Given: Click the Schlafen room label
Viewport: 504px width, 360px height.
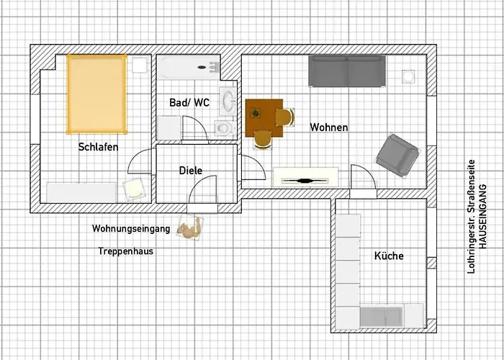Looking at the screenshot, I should [x=98, y=147].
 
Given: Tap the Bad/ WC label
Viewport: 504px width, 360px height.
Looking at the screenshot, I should [x=189, y=103].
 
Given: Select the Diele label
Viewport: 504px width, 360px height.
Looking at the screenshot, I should [x=191, y=171].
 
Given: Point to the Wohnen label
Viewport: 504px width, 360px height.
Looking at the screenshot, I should [x=329, y=127].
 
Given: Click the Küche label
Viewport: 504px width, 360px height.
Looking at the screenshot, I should [x=389, y=256].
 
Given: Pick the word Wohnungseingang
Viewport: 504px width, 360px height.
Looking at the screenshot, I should [x=131, y=229].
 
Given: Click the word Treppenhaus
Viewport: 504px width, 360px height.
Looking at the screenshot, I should [x=126, y=251].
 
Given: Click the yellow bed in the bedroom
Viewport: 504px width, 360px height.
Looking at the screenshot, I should [x=97, y=94].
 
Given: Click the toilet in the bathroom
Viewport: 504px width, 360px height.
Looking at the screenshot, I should [x=224, y=127].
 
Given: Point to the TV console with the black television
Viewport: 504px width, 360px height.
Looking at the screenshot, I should [x=305, y=178].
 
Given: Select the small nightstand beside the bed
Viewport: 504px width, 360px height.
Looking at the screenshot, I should [x=138, y=65].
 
